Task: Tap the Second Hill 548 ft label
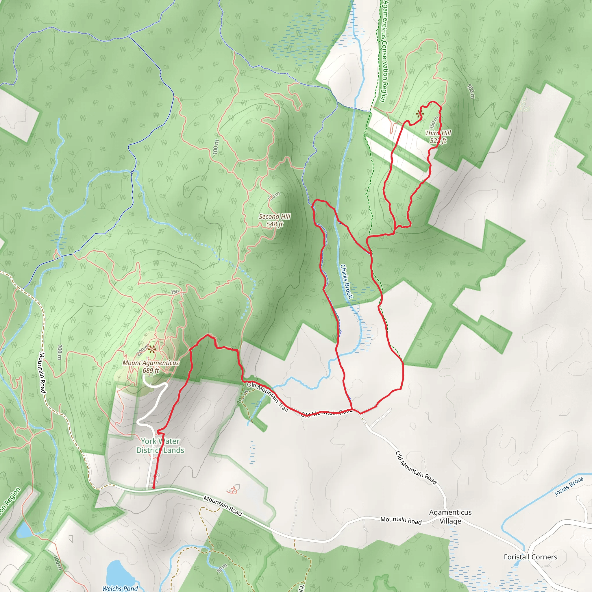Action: coord(275,220)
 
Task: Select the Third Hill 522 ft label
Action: coord(438,137)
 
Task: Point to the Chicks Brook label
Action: coord(346,281)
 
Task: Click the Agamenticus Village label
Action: coord(450,517)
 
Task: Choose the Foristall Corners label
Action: coord(530,557)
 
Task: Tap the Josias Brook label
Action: coord(569,486)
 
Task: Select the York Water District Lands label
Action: coord(160,445)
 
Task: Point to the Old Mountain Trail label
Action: coord(267,397)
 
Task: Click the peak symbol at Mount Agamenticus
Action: coord(152,349)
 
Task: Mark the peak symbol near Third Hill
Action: coord(420,114)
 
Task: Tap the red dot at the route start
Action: coord(153,487)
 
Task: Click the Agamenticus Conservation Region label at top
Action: coord(384,51)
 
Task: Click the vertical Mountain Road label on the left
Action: coord(42,373)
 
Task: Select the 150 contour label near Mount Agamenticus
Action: coord(175,292)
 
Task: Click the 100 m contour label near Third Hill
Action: coord(471,91)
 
